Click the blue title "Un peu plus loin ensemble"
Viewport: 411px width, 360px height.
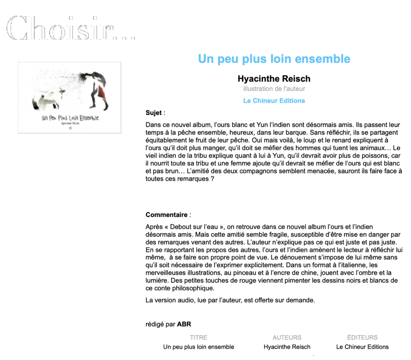274,59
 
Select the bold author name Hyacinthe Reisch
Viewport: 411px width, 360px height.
274,78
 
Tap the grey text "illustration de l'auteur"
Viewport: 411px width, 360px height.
274,89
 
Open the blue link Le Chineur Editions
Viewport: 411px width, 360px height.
274,101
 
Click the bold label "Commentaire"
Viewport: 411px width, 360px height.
166,215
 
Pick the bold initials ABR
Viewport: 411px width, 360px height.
184,324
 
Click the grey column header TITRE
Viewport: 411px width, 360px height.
199,337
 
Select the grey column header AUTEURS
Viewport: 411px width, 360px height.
287,337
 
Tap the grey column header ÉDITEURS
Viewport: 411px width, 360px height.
362,337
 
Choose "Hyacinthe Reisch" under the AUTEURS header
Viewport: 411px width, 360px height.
287,347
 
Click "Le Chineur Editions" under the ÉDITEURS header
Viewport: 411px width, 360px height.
362,347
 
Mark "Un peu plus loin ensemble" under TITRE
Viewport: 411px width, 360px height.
199,347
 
